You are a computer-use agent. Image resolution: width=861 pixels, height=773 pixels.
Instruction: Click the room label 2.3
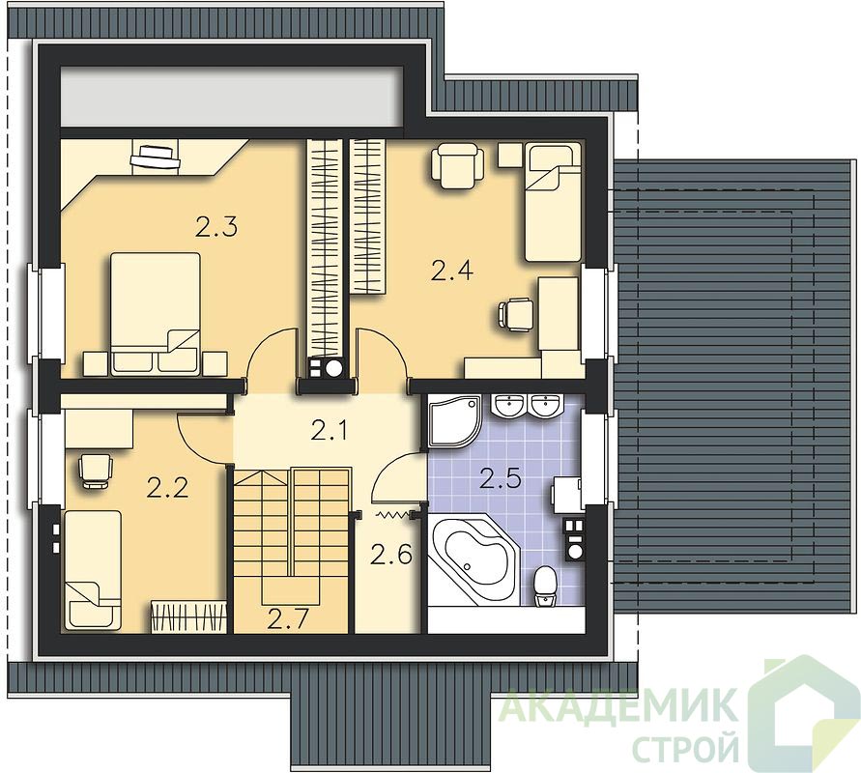pyautogui.click(x=216, y=227)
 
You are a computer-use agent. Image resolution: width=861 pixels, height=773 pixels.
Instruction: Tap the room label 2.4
pyautogui.click(x=452, y=271)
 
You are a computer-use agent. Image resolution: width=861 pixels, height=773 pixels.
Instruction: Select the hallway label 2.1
pyautogui.click(x=329, y=431)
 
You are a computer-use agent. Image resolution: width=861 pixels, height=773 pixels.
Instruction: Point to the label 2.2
pyautogui.click(x=167, y=488)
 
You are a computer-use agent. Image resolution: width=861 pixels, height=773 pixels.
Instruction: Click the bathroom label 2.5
pyautogui.click(x=500, y=478)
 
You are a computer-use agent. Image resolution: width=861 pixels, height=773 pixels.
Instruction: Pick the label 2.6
pyautogui.click(x=390, y=555)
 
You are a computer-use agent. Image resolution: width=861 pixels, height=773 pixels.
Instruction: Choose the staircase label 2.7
pyautogui.click(x=288, y=618)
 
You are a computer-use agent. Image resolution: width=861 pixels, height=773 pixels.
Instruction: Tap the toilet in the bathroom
pyautogui.click(x=545, y=587)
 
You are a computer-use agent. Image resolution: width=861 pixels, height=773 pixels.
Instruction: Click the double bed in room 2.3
pyautogui.click(x=156, y=314)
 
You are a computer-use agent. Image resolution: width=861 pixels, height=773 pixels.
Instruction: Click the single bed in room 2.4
pyautogui.click(x=553, y=202)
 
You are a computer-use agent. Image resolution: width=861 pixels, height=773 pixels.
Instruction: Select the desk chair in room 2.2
pyautogui.click(x=96, y=471)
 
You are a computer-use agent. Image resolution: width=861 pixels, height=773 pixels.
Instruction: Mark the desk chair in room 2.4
pyautogui.click(x=515, y=315)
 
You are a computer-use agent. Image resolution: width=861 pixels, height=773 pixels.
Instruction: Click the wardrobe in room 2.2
pyautogui.click(x=188, y=616)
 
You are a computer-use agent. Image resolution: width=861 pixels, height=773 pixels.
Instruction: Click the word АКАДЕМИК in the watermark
pyautogui.click(x=619, y=705)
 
